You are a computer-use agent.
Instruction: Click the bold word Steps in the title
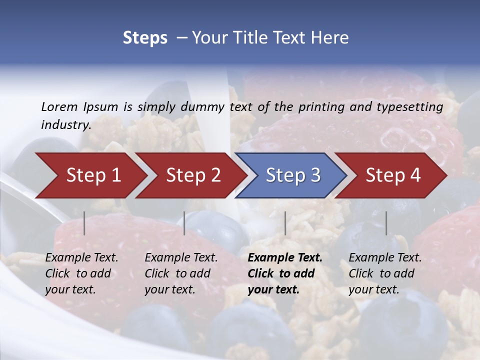145,38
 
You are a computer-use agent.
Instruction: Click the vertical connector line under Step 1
84,223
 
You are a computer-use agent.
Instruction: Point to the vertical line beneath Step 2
184,223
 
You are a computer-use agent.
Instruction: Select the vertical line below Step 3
285,223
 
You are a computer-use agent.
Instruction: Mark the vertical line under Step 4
386,223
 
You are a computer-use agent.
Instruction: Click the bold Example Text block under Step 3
285,273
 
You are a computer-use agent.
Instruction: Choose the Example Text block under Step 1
81,273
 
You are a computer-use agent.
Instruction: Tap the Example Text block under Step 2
181,273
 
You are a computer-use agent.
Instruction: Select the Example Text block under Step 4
385,273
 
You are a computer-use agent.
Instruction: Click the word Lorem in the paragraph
59,106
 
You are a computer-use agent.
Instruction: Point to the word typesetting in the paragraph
409,106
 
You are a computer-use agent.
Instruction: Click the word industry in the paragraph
65,124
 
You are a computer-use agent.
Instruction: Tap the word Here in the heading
330,38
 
